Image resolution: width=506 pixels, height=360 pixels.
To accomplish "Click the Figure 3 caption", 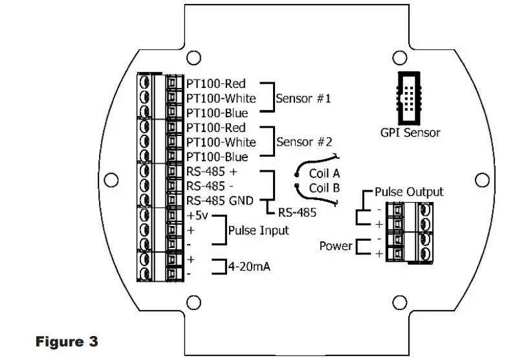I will click(67, 341).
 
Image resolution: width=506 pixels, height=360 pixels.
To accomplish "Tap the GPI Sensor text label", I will click(410, 133).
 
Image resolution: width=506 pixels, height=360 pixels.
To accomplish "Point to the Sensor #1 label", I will click(303, 99).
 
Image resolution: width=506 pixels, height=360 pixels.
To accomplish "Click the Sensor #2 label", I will click(303, 142).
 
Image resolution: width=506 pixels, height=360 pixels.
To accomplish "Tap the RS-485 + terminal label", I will click(212, 172).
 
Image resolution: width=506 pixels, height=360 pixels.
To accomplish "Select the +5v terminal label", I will click(198, 215).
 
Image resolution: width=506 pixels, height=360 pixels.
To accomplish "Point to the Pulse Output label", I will click(409, 192).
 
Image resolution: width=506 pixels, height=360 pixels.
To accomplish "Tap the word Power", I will click(336, 246).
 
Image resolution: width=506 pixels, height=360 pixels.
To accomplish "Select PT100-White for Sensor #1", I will click(221, 98).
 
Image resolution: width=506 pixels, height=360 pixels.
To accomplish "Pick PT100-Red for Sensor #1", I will click(216, 84).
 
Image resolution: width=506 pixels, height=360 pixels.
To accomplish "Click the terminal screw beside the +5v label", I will click(146, 216).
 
